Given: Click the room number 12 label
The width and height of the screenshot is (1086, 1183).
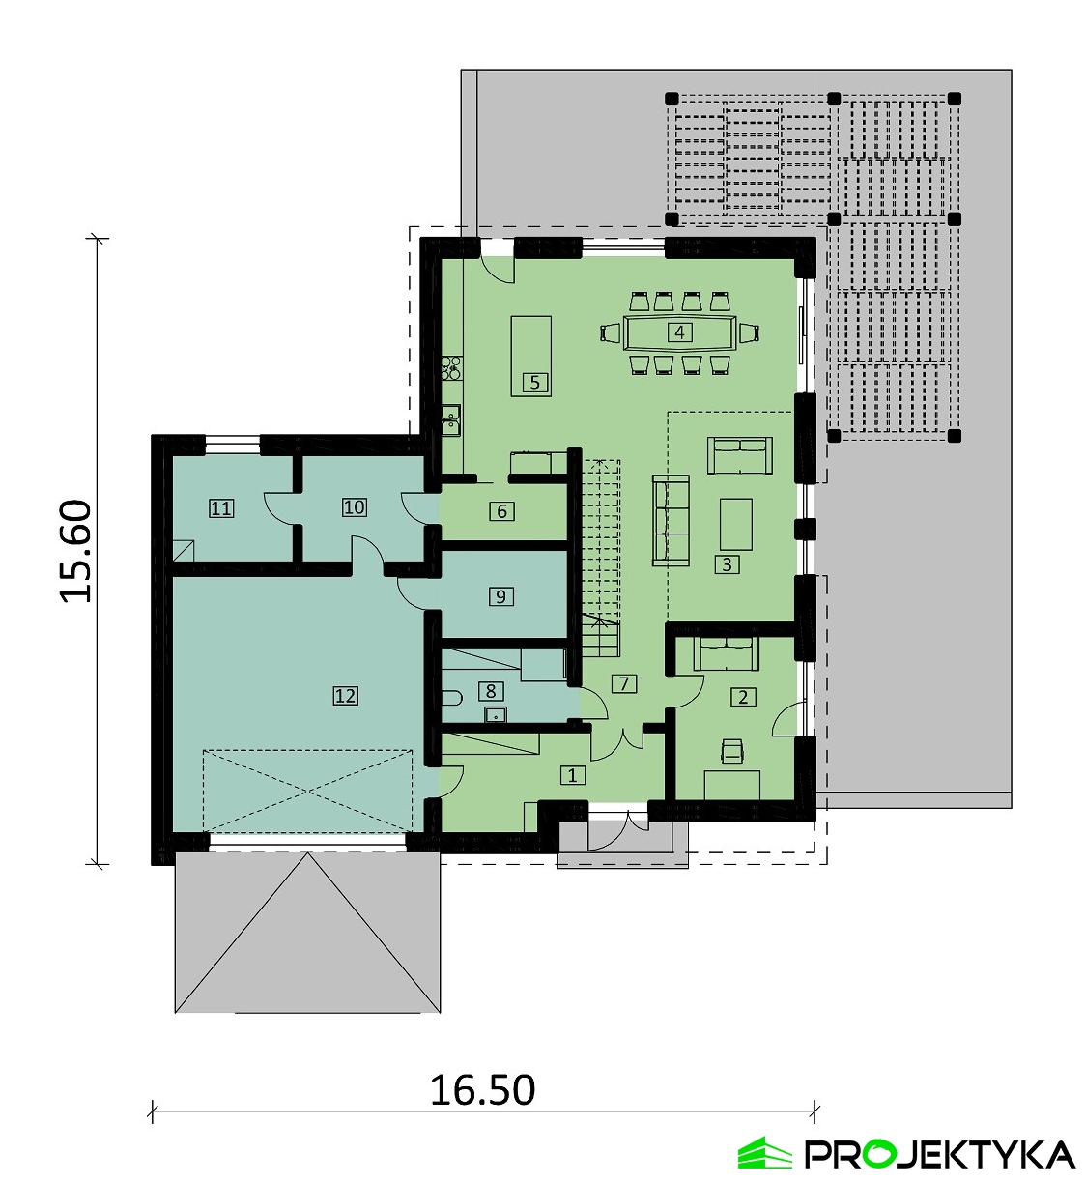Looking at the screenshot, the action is tap(345, 696).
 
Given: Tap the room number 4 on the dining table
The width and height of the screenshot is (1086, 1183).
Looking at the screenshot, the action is tap(679, 332).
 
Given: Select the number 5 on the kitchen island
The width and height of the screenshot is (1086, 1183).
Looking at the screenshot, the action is tap(534, 383).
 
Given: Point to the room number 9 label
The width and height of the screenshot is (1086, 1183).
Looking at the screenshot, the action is tap(500, 596).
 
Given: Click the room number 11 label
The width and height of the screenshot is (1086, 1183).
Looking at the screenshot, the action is tap(221, 508).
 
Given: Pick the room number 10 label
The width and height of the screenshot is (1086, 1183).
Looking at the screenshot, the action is tap(354, 507).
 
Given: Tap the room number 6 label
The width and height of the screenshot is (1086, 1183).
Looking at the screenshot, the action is tap(501, 510).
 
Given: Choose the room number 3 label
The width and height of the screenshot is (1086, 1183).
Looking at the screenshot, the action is tap(727, 564).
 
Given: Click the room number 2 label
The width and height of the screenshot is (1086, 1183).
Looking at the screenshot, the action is tap(743, 697).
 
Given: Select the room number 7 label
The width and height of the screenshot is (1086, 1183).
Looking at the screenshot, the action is tap(624, 683).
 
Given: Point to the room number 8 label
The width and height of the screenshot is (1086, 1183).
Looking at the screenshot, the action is tap(491, 690).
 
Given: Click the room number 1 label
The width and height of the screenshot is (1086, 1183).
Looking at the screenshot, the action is tap(572, 775).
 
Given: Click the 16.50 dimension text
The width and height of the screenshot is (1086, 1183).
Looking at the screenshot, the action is tap(483, 1090).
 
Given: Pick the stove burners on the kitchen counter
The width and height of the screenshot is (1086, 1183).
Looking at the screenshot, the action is tap(452, 367).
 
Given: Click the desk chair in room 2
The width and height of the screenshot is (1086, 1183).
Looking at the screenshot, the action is tap(731, 751).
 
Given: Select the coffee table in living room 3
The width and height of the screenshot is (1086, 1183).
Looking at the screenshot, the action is tap(736, 524).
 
